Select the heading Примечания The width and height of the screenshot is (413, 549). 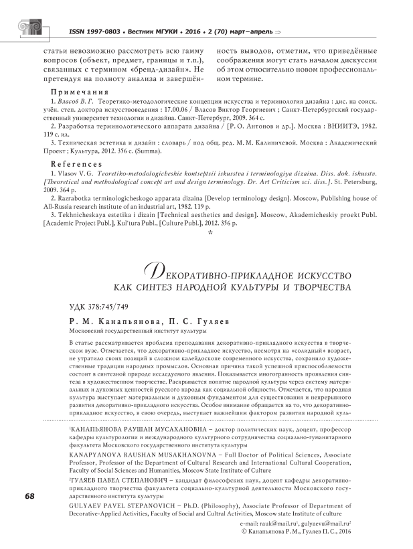(77, 92)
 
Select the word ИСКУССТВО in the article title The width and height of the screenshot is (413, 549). (304, 257)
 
